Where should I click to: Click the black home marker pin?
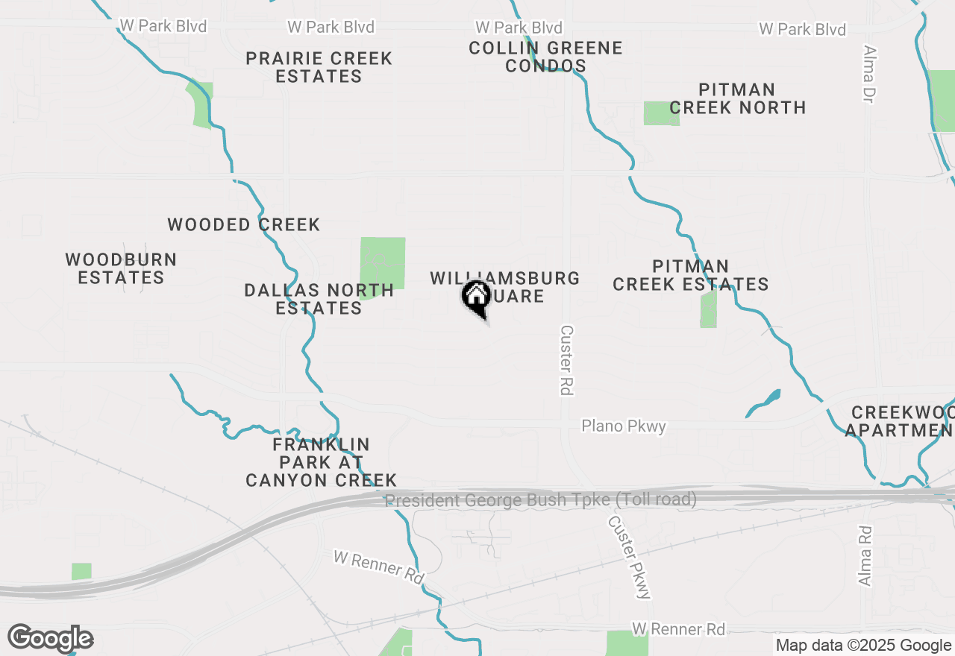475,298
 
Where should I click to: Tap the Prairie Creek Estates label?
319,67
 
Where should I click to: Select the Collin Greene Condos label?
545,57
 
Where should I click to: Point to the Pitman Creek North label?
737,98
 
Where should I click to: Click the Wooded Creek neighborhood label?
243,224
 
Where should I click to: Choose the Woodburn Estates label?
121,268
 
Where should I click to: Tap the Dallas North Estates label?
319,298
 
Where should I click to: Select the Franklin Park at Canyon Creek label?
321,462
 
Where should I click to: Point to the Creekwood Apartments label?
903,421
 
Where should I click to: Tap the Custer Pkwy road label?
629,557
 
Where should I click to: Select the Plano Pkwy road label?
624,426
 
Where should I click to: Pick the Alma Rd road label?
865,555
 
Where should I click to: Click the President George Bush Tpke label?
541,499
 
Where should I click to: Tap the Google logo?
51,638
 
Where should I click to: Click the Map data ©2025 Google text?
864,646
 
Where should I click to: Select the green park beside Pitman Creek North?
660,113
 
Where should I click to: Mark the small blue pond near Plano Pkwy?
765,403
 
